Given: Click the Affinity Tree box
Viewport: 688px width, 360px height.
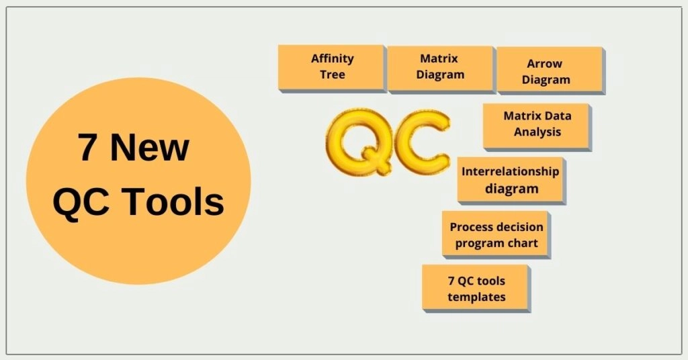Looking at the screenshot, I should (x=331, y=67).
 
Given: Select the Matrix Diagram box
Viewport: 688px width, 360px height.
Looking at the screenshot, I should (x=441, y=67).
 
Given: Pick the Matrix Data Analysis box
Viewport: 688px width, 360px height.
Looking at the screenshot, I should (x=537, y=126).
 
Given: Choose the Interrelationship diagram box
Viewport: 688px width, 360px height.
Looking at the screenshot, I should (x=511, y=179).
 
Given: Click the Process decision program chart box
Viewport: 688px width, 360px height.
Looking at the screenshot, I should (x=496, y=234).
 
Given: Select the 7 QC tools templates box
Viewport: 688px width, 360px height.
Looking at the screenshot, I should (x=476, y=287).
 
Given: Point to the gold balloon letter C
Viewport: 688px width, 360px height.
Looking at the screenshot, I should (x=421, y=140).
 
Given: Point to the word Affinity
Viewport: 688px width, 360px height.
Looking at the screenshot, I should (x=332, y=58).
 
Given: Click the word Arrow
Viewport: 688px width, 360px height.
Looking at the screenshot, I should (x=545, y=64).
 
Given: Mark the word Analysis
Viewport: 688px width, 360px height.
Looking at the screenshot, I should (x=537, y=132).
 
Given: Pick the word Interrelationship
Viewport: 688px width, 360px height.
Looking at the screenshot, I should (x=510, y=172).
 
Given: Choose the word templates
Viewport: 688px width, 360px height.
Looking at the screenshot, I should (x=476, y=296).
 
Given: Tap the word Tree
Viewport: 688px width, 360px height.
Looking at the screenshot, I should (x=333, y=75).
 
